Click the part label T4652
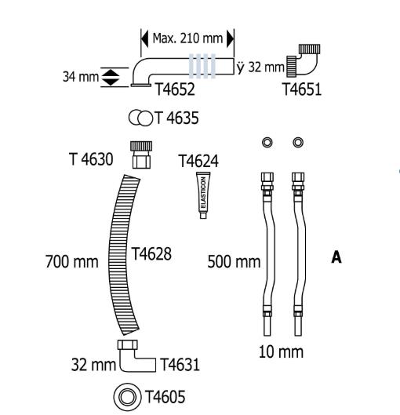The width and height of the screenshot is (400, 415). click(x=174, y=89)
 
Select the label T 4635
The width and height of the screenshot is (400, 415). click(x=176, y=118)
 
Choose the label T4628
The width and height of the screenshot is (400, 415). click(x=152, y=253)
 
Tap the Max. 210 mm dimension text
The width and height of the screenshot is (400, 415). click(x=187, y=38)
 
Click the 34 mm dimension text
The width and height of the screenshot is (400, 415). click(x=79, y=76)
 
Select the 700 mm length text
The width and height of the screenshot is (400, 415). click(x=69, y=260)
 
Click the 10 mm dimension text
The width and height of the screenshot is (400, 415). click(x=281, y=351)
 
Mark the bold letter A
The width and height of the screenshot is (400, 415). click(x=336, y=257)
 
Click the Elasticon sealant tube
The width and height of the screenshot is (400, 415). click(x=202, y=196)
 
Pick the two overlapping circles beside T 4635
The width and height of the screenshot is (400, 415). click(x=140, y=118)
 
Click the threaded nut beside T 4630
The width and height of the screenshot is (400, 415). click(x=140, y=156)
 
